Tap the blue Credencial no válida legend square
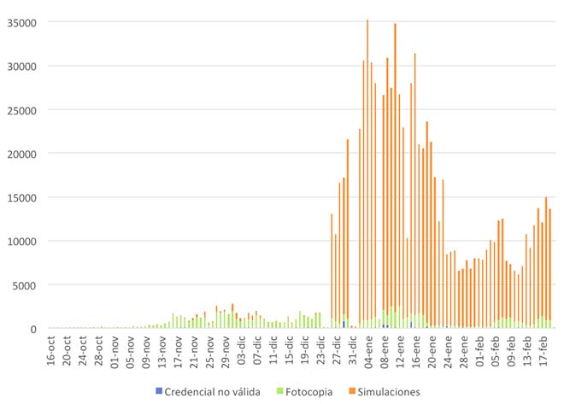158,392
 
